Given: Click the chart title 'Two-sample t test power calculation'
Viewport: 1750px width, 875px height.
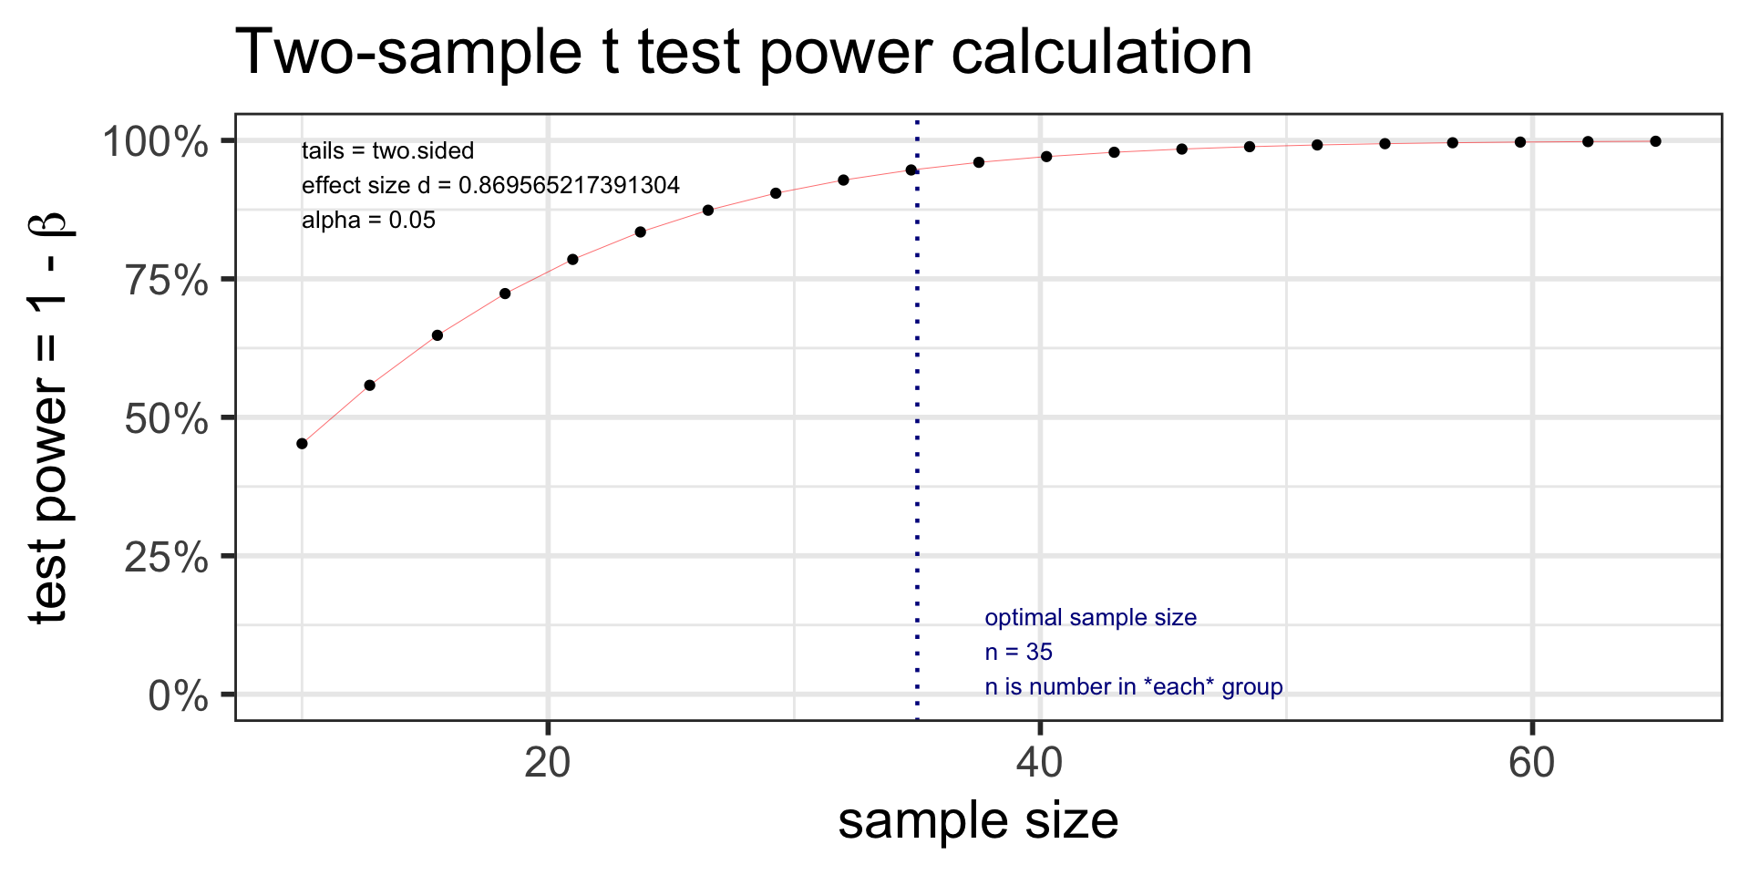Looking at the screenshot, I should click(x=744, y=53).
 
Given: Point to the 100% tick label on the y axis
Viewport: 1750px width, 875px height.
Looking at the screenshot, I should click(x=155, y=142).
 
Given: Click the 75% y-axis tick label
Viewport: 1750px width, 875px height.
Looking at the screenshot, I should click(x=167, y=281).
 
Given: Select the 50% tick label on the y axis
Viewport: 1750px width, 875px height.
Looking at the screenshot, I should click(x=167, y=419).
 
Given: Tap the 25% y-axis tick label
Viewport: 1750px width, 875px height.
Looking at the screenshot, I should click(x=167, y=558).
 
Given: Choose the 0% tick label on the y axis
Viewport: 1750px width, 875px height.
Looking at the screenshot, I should click(x=179, y=696).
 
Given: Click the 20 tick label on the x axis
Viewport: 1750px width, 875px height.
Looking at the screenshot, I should click(x=548, y=763).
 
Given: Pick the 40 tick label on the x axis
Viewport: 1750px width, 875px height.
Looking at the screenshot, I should click(x=1040, y=763).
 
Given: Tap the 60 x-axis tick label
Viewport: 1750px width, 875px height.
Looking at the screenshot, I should click(x=1532, y=763).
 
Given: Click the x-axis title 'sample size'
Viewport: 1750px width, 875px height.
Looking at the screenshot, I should click(x=978, y=821).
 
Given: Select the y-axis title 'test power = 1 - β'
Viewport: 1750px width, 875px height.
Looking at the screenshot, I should click(x=49, y=417).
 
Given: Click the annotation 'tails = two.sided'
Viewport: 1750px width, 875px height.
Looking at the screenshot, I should click(x=387, y=151).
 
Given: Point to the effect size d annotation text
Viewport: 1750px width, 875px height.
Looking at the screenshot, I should click(x=490, y=186).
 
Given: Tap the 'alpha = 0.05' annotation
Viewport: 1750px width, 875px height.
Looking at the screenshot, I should click(x=368, y=221).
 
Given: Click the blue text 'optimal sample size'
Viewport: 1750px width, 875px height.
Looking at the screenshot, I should click(x=1090, y=618).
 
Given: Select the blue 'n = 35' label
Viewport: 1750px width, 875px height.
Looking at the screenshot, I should click(x=1018, y=653).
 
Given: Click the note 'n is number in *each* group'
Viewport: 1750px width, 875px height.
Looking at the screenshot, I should click(x=1134, y=687).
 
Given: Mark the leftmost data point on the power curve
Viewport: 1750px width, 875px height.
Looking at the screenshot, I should click(x=303, y=444).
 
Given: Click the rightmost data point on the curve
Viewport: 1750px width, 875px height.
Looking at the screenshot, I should click(x=1655, y=141).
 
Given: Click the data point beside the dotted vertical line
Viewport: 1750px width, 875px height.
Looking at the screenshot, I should click(x=911, y=170).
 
